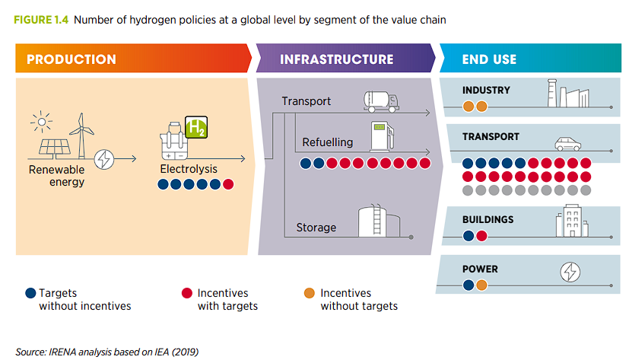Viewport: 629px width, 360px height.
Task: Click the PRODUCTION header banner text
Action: tap(71, 59)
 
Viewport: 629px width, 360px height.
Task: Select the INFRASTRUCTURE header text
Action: tap(336, 59)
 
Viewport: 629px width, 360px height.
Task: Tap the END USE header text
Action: tap(489, 59)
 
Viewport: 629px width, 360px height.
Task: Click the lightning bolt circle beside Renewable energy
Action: tap(104, 159)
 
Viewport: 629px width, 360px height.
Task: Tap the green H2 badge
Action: tap(196, 127)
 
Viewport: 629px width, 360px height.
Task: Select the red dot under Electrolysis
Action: tap(227, 184)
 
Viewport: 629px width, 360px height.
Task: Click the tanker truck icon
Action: tap(386, 98)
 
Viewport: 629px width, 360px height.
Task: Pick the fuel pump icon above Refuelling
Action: tap(380, 135)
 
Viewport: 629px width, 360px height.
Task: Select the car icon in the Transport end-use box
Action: tap(567, 143)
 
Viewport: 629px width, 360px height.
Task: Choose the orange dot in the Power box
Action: tap(481, 285)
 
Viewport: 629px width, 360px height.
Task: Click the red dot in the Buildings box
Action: tap(481, 236)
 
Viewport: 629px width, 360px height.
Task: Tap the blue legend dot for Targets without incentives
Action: tap(30, 293)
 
